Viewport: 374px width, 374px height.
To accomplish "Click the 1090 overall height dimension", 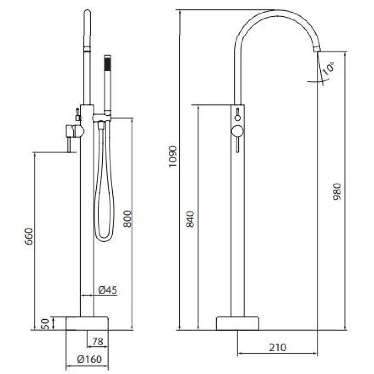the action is pyautogui.click(x=172, y=157).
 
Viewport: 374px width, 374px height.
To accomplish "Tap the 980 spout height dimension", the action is pyautogui.click(x=337, y=191).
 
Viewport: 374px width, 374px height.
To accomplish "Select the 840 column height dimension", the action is pyautogui.click(x=191, y=219).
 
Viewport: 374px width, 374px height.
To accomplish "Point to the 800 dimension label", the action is pyautogui.click(x=128, y=218).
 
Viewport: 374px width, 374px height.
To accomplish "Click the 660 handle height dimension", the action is pyautogui.click(x=29, y=236).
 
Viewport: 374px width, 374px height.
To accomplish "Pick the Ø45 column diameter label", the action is pyautogui.click(x=108, y=290).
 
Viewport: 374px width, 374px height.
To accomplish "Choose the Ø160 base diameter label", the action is pyautogui.click(x=89, y=359).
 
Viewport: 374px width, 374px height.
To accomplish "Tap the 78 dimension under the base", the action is pyautogui.click(x=98, y=342).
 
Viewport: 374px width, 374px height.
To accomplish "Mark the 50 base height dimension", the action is pyautogui.click(x=46, y=324).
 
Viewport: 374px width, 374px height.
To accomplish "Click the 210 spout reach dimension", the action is pyautogui.click(x=278, y=347).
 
